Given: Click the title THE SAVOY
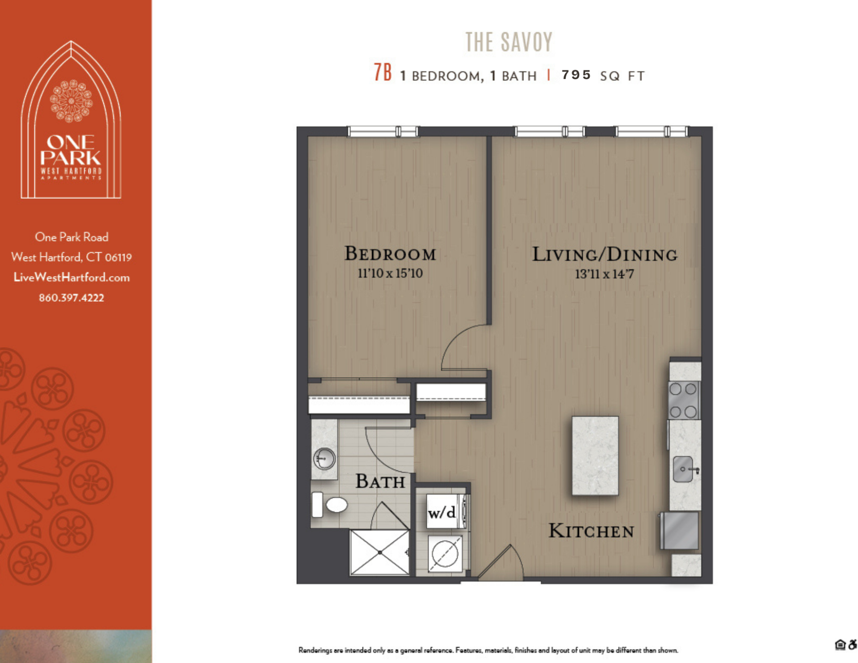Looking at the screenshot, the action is point(509,42).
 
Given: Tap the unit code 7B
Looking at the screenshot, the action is point(383,72).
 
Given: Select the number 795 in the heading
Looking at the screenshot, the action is point(576,75).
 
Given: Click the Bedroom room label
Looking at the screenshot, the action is point(390,253).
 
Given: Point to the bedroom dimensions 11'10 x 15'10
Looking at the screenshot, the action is point(390,273).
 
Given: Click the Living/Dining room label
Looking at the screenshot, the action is point(605,254).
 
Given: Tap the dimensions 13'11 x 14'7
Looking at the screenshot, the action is point(604,274).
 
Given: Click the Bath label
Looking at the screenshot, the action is point(380,481).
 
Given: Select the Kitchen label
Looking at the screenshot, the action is point(591,531).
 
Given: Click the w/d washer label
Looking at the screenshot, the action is point(442,512).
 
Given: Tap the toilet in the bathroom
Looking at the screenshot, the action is point(330,505).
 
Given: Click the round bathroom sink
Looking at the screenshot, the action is point(324,458).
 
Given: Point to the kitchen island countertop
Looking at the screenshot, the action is point(595,456).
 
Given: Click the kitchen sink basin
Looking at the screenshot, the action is point(683,469).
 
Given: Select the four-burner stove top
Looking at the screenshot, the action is point(683,400).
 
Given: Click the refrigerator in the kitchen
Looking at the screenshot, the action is point(679,531).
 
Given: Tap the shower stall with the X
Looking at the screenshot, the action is point(380,553).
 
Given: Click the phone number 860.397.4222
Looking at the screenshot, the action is point(71,298).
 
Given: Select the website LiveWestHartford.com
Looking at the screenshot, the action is point(71,278).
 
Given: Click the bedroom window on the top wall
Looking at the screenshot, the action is point(383,131).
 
